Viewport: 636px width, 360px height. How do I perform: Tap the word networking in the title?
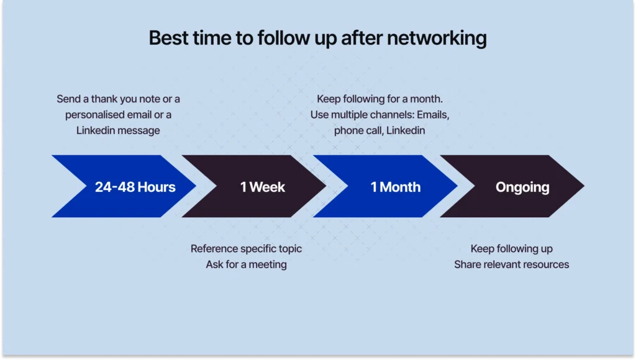pos(437,38)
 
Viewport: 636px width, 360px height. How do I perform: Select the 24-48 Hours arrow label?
pos(135,187)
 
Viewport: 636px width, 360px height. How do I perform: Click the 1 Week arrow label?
pos(262,187)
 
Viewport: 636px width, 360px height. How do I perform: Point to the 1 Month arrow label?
pos(396,187)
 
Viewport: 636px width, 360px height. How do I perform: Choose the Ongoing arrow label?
pos(522,187)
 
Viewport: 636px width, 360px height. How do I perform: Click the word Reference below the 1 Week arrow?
pos(214,249)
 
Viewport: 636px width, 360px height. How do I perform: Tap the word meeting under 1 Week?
pos(268,264)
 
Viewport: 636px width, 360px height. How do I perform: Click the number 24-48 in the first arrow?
pos(115,187)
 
